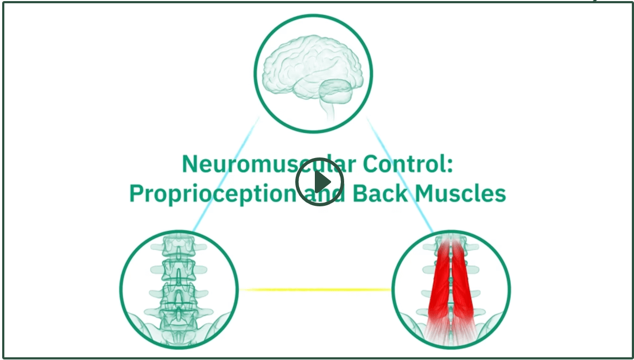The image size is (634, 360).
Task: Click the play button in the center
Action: pos(319,181)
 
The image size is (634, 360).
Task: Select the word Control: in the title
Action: pos(408,165)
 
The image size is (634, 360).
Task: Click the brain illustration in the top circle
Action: pos(313,75)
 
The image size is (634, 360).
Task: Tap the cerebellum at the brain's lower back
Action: pos(335,91)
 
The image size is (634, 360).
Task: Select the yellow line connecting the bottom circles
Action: pos(315,289)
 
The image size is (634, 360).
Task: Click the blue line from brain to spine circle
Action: pos(226,174)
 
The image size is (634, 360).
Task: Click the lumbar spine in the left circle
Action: pos(178,283)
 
